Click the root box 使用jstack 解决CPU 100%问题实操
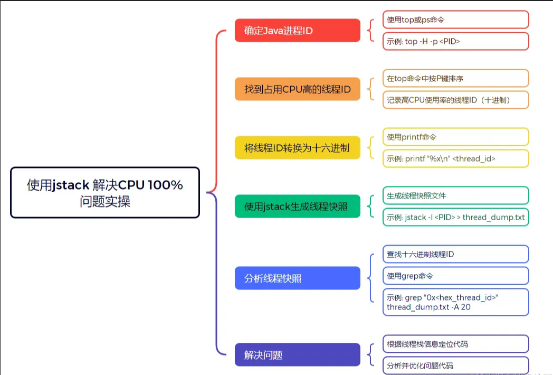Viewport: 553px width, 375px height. tap(105, 193)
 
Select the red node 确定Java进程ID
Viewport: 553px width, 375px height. tap(297, 31)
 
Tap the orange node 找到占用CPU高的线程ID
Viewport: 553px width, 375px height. tap(297, 89)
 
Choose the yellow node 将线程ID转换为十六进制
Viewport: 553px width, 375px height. tap(297, 147)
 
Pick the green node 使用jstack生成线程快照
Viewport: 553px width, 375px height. tap(297, 206)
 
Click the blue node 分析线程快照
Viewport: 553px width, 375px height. tap(297, 278)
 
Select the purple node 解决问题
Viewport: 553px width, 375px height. tap(297, 355)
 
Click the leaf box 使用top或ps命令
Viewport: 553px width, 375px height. tap(456, 20)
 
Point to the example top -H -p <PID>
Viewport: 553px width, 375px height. tap(456, 41)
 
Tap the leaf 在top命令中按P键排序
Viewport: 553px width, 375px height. tap(456, 78)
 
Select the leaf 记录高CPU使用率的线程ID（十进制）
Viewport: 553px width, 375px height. tap(456, 100)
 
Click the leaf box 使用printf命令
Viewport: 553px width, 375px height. tap(456, 137)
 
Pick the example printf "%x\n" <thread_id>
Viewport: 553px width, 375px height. tap(456, 158)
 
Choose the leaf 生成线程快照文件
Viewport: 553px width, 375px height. tap(456, 195)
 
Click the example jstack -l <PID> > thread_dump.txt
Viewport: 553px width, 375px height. tap(456, 217)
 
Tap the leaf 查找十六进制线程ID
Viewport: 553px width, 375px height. tap(456, 254)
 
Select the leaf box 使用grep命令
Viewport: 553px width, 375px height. tap(456, 276)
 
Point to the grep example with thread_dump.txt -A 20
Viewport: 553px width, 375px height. tap(456, 302)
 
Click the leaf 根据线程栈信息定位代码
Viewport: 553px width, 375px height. tap(456, 344)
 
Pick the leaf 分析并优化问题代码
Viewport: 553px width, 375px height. tap(456, 365)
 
